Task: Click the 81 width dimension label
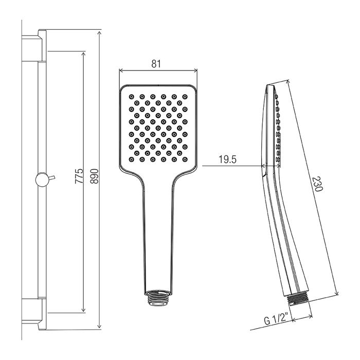pos(156,64)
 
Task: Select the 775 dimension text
pos(79,176)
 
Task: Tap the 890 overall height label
pos(94,176)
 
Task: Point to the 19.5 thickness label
pos(227,159)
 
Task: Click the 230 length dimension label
pos(318,184)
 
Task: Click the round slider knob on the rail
pos(42,179)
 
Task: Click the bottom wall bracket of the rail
pos(34,314)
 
